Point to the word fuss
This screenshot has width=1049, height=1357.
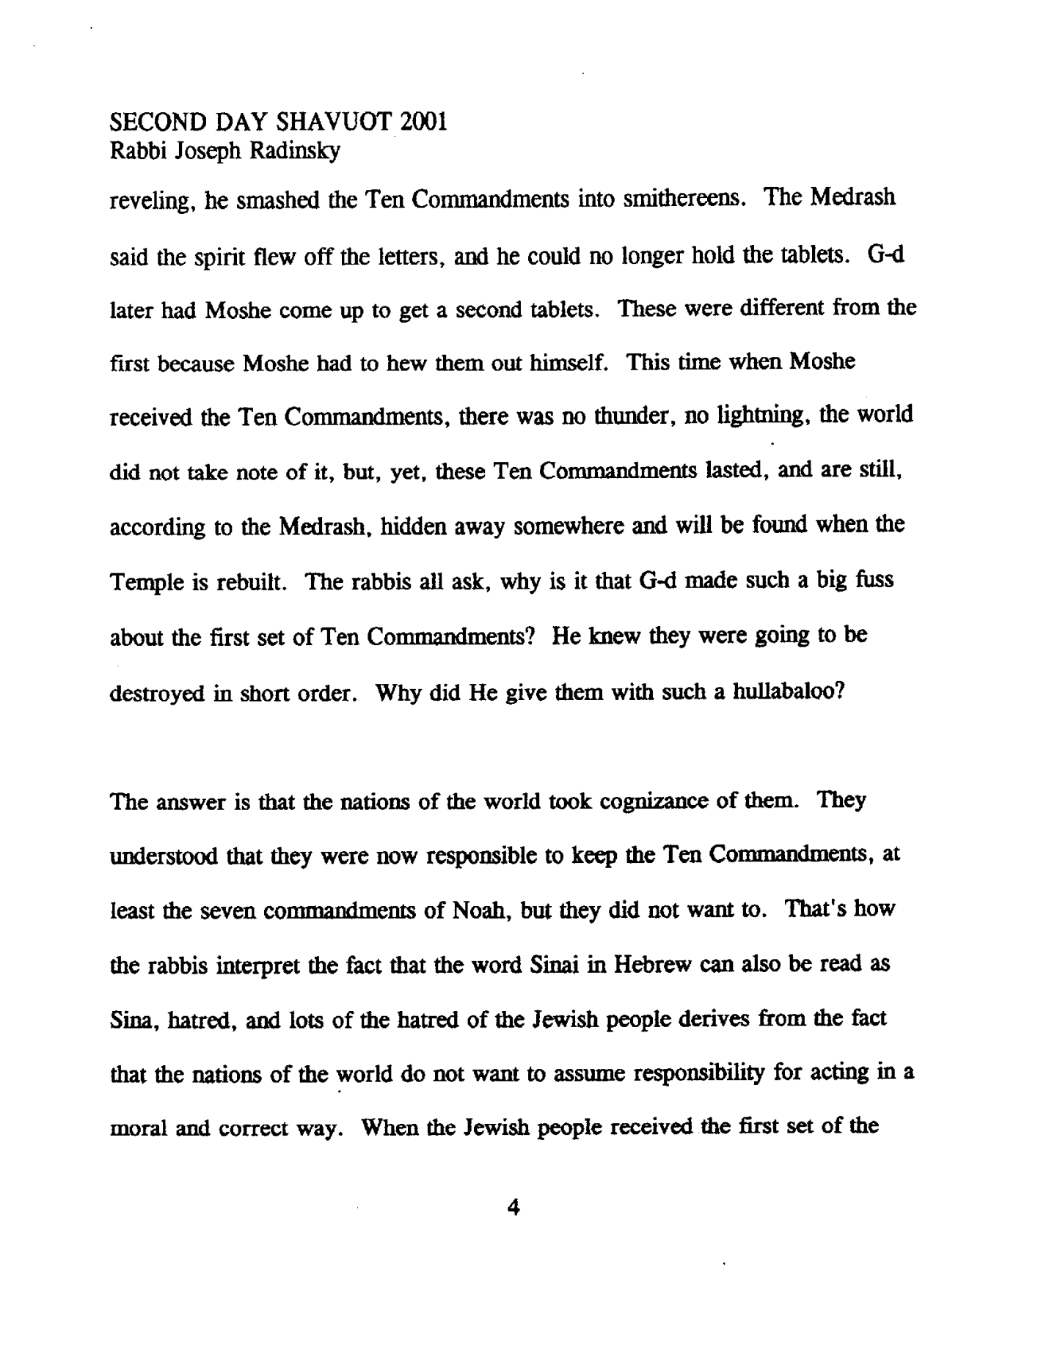point(876,580)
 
